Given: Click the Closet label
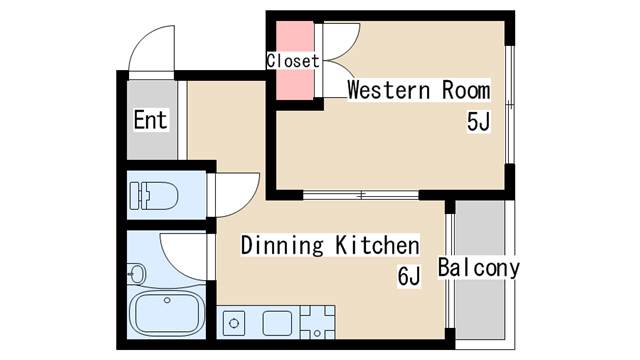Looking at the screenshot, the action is click(x=293, y=61).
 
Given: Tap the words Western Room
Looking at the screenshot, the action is click(x=419, y=90).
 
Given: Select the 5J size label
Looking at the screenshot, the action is click(x=478, y=121).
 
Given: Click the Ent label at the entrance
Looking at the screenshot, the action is click(x=151, y=120).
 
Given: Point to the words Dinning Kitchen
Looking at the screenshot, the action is click(x=330, y=245).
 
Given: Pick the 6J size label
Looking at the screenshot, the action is click(x=409, y=276).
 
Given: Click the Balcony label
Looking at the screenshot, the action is click(x=479, y=268).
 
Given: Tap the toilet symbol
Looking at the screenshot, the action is click(x=154, y=196).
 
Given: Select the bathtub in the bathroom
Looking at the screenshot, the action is click(x=167, y=313).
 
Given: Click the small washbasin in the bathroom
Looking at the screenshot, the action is click(x=136, y=273).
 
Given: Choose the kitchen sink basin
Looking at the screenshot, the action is click(x=277, y=323).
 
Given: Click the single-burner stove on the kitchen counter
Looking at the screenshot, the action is click(x=234, y=323).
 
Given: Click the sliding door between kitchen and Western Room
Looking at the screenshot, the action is click(x=361, y=195).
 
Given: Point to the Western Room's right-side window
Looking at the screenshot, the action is click(x=509, y=105).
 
